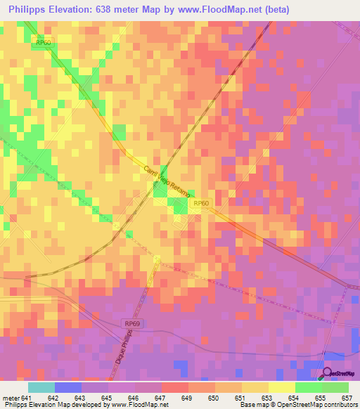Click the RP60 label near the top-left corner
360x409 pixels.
[x=44, y=42]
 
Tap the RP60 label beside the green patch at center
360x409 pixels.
[x=201, y=203]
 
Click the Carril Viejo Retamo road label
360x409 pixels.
[x=167, y=182]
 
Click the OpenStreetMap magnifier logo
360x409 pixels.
[x=328, y=373]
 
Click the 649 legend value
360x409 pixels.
[x=186, y=397]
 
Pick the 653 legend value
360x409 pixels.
[x=266, y=397]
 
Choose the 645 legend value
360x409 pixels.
[x=105, y=397]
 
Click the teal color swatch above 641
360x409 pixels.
[x=41, y=387]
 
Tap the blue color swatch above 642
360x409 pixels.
[x=68, y=387]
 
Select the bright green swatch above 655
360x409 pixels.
[x=309, y=387]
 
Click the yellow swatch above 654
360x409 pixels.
[x=282, y=387]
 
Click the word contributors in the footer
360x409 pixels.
[x=341, y=405]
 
